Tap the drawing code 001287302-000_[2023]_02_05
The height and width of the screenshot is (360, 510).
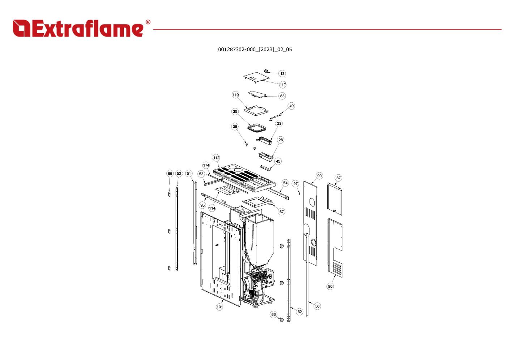(x=255, y=50)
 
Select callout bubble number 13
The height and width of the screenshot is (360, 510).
(x=282, y=74)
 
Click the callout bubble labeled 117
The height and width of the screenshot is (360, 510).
(x=282, y=85)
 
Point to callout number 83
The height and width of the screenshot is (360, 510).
(x=282, y=96)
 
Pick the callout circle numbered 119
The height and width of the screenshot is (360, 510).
(x=235, y=95)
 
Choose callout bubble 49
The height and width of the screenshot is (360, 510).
(x=292, y=106)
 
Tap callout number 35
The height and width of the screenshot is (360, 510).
(x=235, y=112)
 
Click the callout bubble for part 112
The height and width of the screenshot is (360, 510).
(x=216, y=158)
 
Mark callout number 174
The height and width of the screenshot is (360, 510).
(x=206, y=166)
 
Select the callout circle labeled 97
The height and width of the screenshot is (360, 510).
(x=296, y=184)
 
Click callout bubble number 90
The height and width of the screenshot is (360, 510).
(x=319, y=176)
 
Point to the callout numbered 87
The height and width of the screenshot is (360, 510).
(x=338, y=178)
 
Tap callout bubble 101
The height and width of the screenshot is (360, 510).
(x=220, y=307)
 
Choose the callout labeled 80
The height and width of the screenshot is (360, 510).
(x=330, y=286)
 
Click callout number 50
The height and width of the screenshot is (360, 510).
(x=317, y=306)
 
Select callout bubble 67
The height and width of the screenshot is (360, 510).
(x=282, y=212)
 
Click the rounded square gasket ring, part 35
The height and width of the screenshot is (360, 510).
(x=257, y=128)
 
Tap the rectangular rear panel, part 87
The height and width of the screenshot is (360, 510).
(x=335, y=198)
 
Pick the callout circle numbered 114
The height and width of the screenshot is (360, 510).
(x=212, y=208)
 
